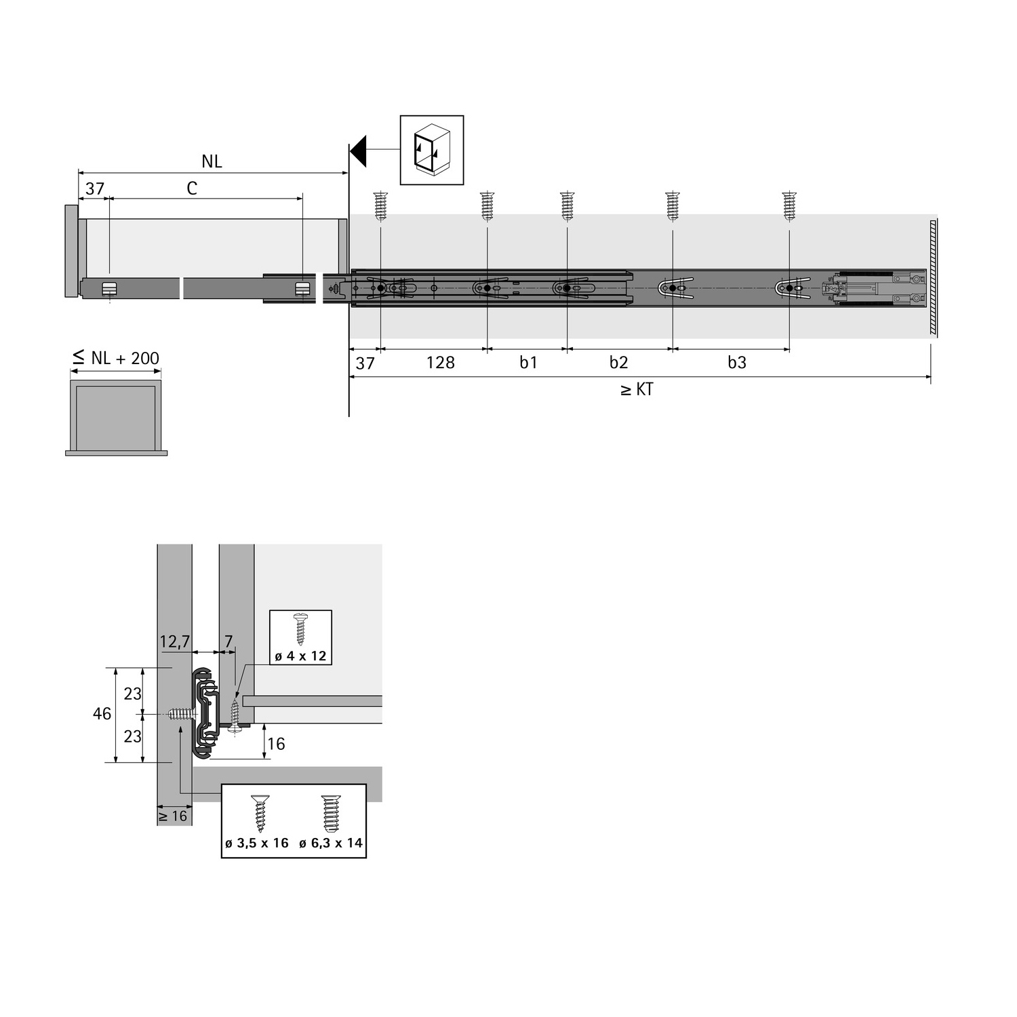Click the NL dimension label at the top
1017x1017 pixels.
(x=212, y=161)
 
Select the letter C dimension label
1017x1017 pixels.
(x=192, y=188)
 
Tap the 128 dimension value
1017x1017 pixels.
(x=440, y=363)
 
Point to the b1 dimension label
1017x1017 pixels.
(x=528, y=363)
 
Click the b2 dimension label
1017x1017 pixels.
(x=618, y=363)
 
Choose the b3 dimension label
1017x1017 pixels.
(x=736, y=363)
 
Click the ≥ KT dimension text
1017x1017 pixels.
(x=637, y=390)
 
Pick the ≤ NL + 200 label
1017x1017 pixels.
(x=116, y=357)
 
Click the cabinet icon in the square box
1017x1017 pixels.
(x=432, y=150)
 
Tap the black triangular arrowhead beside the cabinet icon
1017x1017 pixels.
(x=359, y=150)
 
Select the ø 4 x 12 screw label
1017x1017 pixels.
(x=300, y=656)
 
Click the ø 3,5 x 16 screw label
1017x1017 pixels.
(x=257, y=843)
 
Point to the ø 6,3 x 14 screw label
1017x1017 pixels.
(x=331, y=843)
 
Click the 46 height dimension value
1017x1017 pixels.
(x=102, y=714)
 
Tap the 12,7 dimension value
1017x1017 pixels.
(x=174, y=641)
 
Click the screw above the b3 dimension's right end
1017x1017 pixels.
(x=789, y=206)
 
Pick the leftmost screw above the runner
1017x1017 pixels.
(x=380, y=206)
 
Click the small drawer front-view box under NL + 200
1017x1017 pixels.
(x=116, y=417)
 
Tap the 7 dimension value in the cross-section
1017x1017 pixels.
(x=228, y=641)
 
